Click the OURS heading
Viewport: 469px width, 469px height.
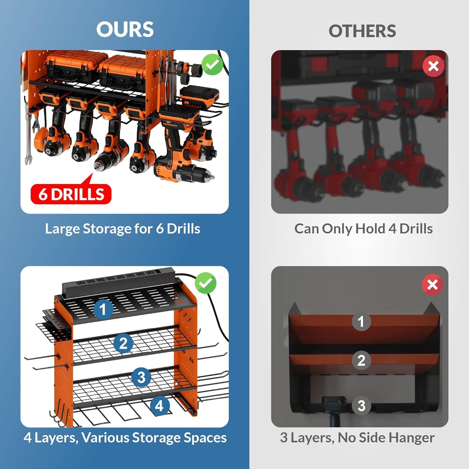click(x=125, y=30)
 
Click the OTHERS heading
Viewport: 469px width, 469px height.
click(x=362, y=31)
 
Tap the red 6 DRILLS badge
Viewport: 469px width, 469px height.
click(x=71, y=194)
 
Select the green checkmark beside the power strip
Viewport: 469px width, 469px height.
click(x=205, y=283)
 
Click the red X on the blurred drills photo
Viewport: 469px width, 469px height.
click(x=433, y=66)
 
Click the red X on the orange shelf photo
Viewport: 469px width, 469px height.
click(x=432, y=285)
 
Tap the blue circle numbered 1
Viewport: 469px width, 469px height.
click(x=103, y=309)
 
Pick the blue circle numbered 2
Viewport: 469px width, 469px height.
click(x=123, y=343)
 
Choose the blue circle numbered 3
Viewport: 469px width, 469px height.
click(x=141, y=377)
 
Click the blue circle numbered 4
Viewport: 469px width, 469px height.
click(x=159, y=406)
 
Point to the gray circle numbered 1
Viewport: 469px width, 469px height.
click(x=361, y=322)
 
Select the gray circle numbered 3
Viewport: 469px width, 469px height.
click(x=361, y=406)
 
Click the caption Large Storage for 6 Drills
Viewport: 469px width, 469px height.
click(x=122, y=229)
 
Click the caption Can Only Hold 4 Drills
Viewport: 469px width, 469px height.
click(x=363, y=229)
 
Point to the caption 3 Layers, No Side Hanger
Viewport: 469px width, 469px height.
click(x=357, y=438)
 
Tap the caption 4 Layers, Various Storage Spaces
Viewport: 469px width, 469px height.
click(x=125, y=438)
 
